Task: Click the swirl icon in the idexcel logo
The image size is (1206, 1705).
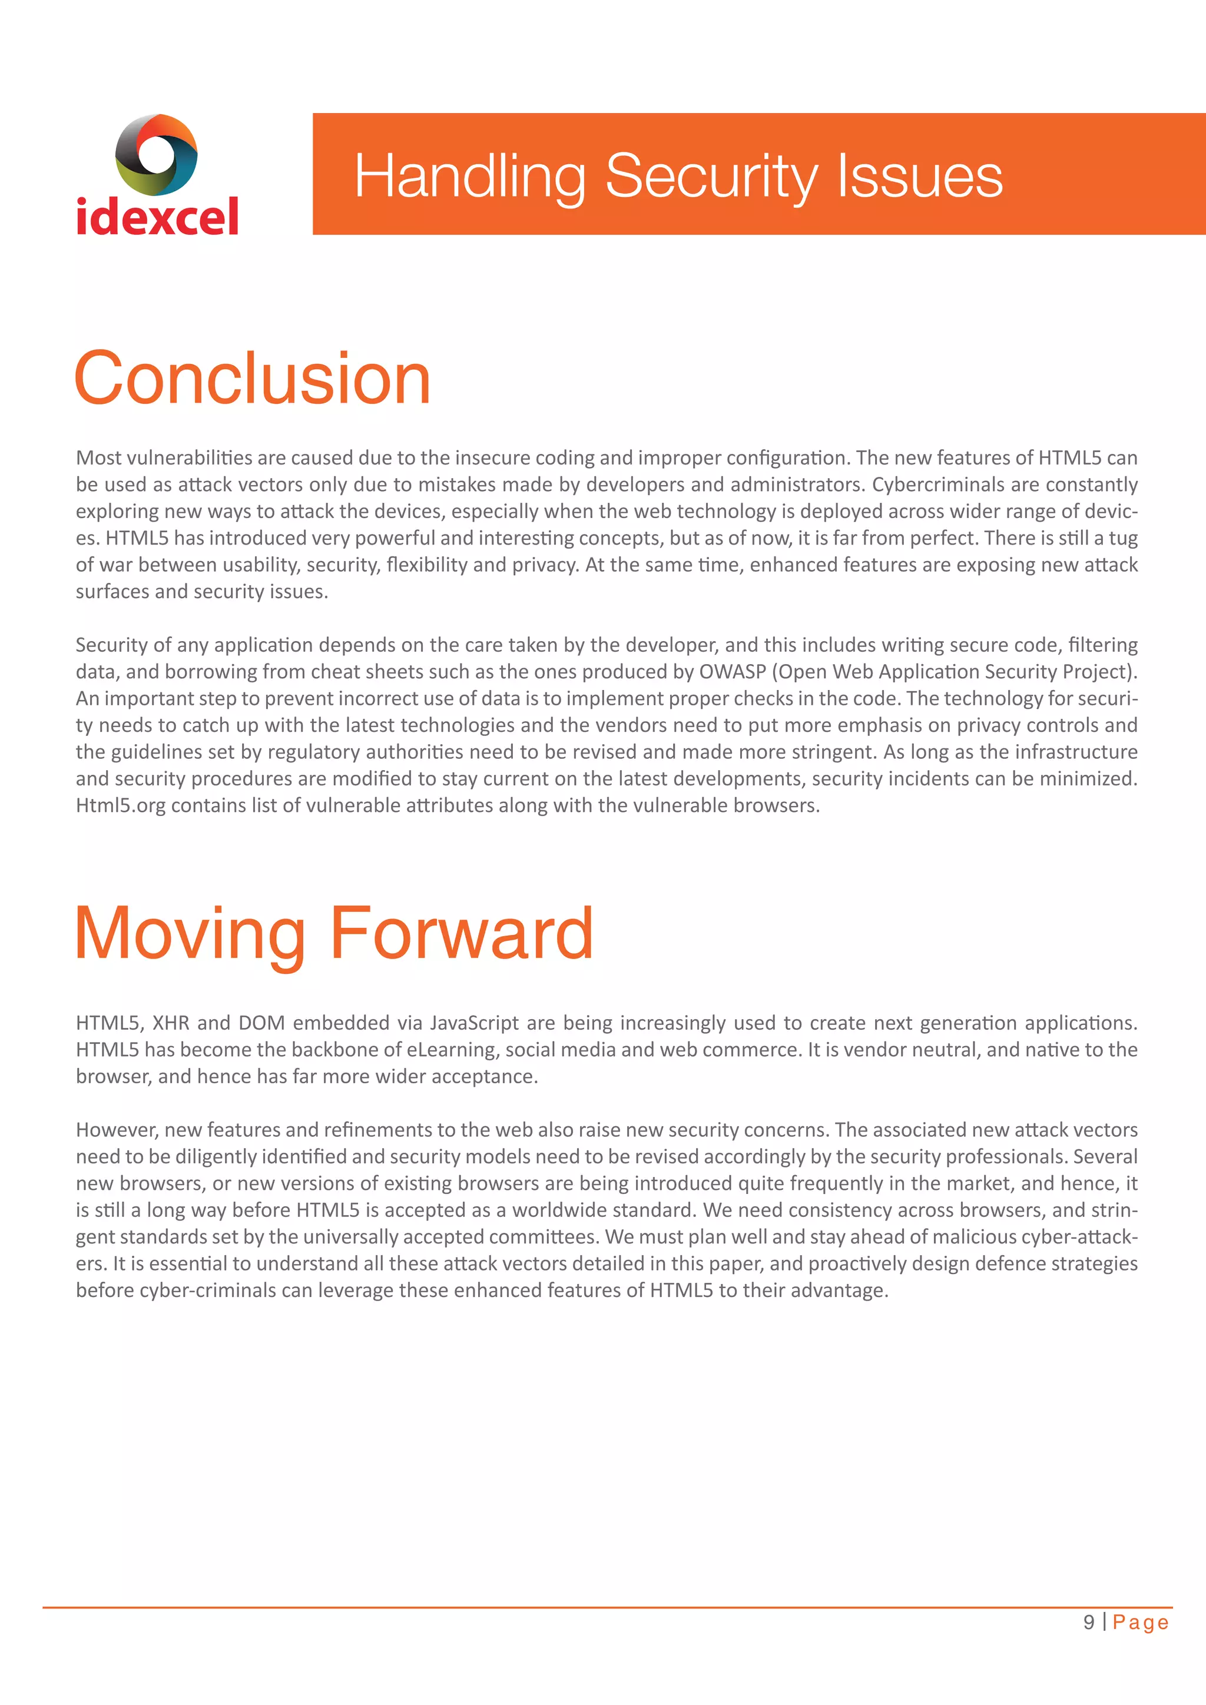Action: click(156, 154)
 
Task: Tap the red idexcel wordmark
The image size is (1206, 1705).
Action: click(157, 217)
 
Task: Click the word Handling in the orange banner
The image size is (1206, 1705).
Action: click(469, 177)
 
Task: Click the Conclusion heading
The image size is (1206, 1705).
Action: click(253, 379)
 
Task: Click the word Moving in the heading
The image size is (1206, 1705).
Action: click(190, 933)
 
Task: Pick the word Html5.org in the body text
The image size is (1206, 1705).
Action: click(120, 806)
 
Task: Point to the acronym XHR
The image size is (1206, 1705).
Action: click(171, 1023)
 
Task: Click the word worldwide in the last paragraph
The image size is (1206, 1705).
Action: click(564, 1210)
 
